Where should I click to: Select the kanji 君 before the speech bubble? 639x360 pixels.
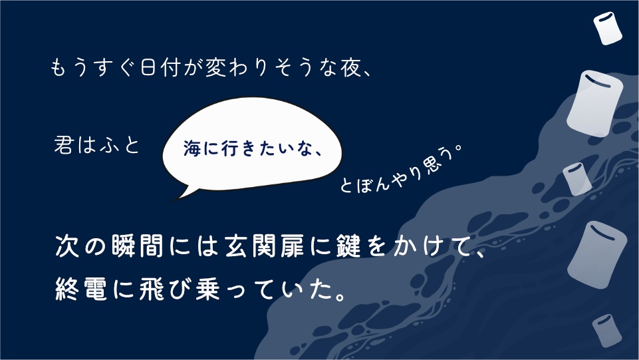[64, 146]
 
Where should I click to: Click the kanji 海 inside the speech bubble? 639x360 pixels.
[191, 149]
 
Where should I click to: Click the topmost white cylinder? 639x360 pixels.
[606, 28]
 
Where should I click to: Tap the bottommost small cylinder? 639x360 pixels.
[606, 330]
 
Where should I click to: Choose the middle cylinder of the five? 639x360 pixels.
[576, 179]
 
